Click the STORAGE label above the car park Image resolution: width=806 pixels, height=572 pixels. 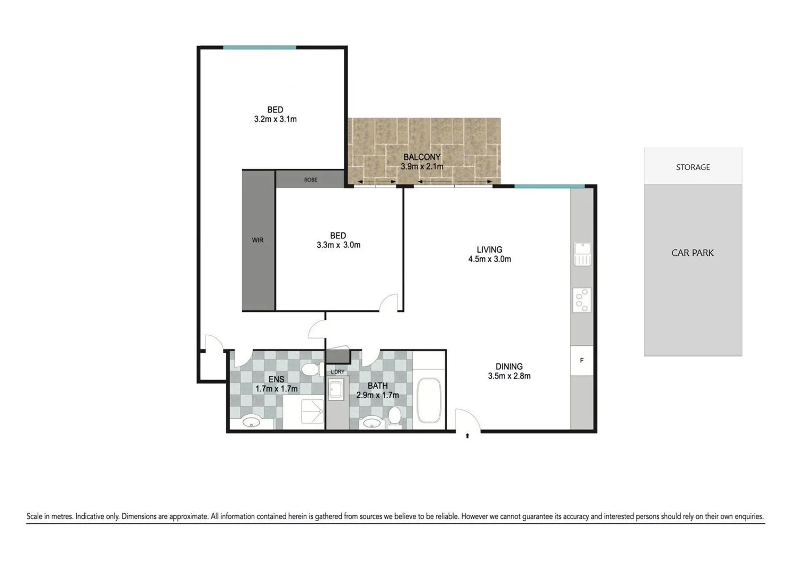pyautogui.click(x=693, y=167)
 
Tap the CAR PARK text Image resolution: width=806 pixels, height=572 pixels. pyautogui.click(x=692, y=253)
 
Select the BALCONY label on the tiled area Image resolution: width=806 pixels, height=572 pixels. pyautogui.click(x=422, y=157)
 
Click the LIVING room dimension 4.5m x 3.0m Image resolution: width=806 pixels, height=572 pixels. pyautogui.click(x=489, y=259)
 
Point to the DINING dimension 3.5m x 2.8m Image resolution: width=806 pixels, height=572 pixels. pyautogui.click(x=509, y=376)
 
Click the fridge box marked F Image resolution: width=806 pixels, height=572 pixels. pyautogui.click(x=581, y=361)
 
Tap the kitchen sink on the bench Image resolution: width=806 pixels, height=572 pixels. pyautogui.click(x=582, y=254)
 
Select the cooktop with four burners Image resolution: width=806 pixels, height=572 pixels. pyautogui.click(x=582, y=300)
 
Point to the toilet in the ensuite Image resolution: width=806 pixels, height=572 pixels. pyautogui.click(x=310, y=369)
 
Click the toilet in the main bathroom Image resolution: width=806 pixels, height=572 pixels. pyautogui.click(x=394, y=416)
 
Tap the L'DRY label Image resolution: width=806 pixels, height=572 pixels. pyautogui.click(x=338, y=372)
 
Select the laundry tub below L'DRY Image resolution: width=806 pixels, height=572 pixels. pyautogui.click(x=336, y=391)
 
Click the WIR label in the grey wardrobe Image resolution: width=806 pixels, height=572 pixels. pyautogui.click(x=258, y=240)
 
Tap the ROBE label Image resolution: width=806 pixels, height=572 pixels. pyautogui.click(x=311, y=180)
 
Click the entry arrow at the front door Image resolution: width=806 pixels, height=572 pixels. pyautogui.click(x=467, y=436)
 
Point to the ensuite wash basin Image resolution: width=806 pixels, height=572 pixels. pyautogui.click(x=251, y=422)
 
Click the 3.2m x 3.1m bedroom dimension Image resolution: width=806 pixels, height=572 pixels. pyautogui.click(x=275, y=119)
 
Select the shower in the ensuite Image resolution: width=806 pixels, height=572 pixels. pyautogui.click(x=311, y=412)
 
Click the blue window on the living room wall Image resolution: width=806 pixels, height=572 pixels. pyautogui.click(x=549, y=186)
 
